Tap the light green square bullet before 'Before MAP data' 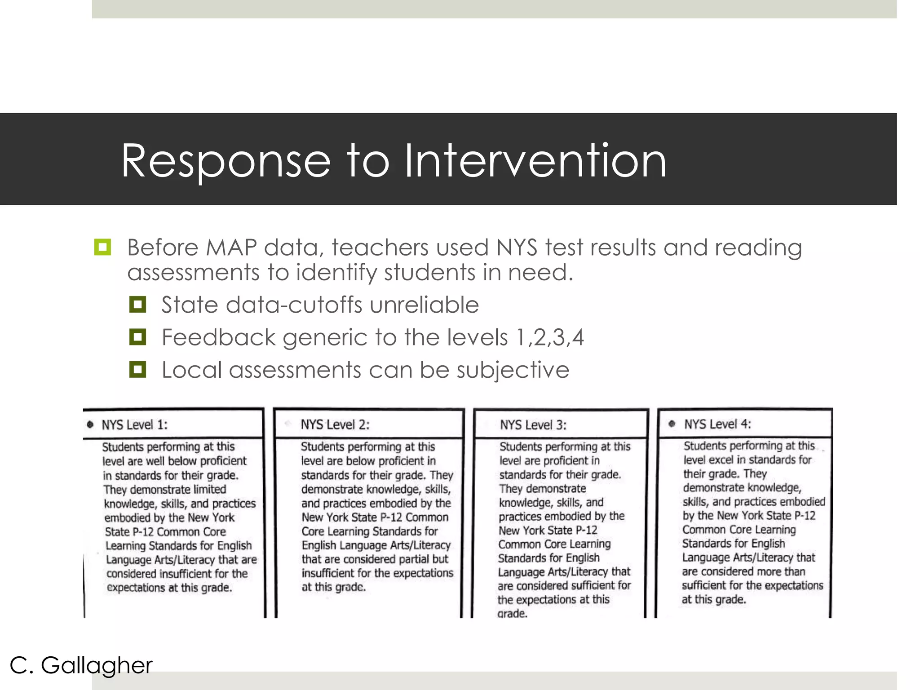(x=102, y=247)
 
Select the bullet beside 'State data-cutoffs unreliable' (x=137, y=305)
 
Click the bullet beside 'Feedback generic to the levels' (x=137, y=337)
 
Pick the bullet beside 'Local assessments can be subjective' (x=137, y=370)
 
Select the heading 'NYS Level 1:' (x=134, y=425)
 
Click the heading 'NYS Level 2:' (x=335, y=425)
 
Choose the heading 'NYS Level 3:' (x=533, y=425)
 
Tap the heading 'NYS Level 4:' (x=717, y=424)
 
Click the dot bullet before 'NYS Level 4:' (x=672, y=424)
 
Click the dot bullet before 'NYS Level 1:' (x=90, y=425)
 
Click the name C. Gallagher (x=81, y=665)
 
